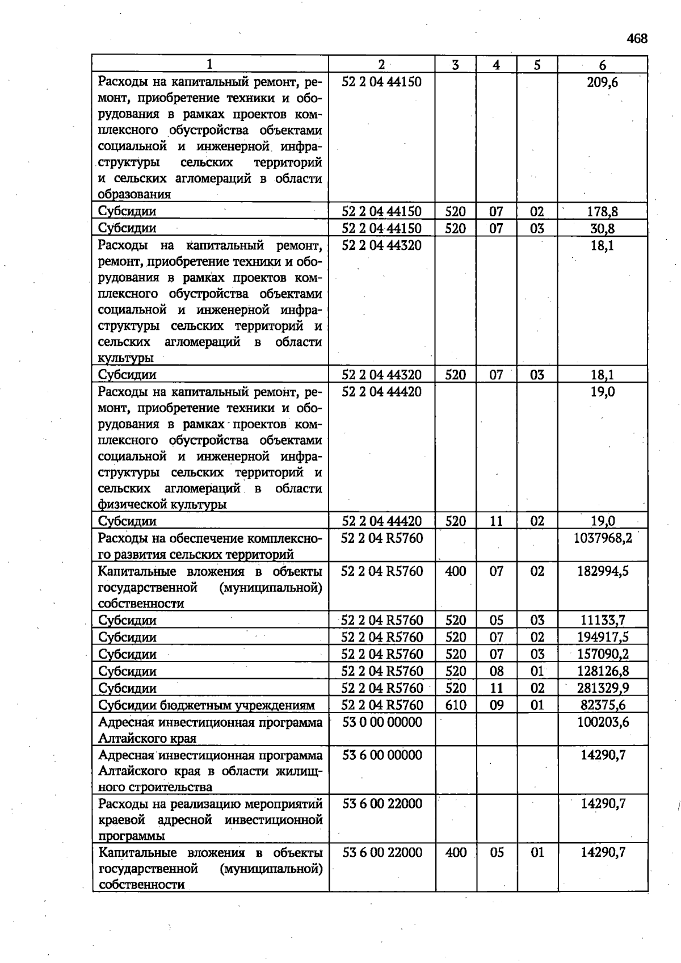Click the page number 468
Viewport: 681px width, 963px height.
[x=637, y=39]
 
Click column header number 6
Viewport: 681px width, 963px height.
[x=603, y=65]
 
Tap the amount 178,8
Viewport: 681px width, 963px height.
[x=603, y=212]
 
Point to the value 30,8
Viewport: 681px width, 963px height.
[x=603, y=229]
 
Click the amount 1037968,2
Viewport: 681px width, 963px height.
[x=603, y=538]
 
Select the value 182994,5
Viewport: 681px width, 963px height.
[x=603, y=571]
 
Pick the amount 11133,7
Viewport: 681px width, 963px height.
[x=603, y=620]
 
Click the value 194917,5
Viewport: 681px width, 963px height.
[x=603, y=637]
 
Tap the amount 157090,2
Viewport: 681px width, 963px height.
[x=603, y=654]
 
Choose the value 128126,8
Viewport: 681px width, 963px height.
[x=603, y=671]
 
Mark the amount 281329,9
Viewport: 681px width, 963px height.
[x=603, y=688]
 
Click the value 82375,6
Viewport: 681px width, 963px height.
[x=603, y=705]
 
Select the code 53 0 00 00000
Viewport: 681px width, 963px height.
[x=382, y=722]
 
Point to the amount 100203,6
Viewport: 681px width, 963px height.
[x=603, y=722]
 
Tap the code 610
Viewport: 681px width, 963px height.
[x=456, y=705]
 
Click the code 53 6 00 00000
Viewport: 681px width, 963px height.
[x=382, y=755]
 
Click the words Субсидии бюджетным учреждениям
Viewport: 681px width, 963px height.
[x=206, y=706]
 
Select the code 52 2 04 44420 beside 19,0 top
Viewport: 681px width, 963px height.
[x=382, y=392]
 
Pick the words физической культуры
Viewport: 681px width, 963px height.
[x=162, y=504]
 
